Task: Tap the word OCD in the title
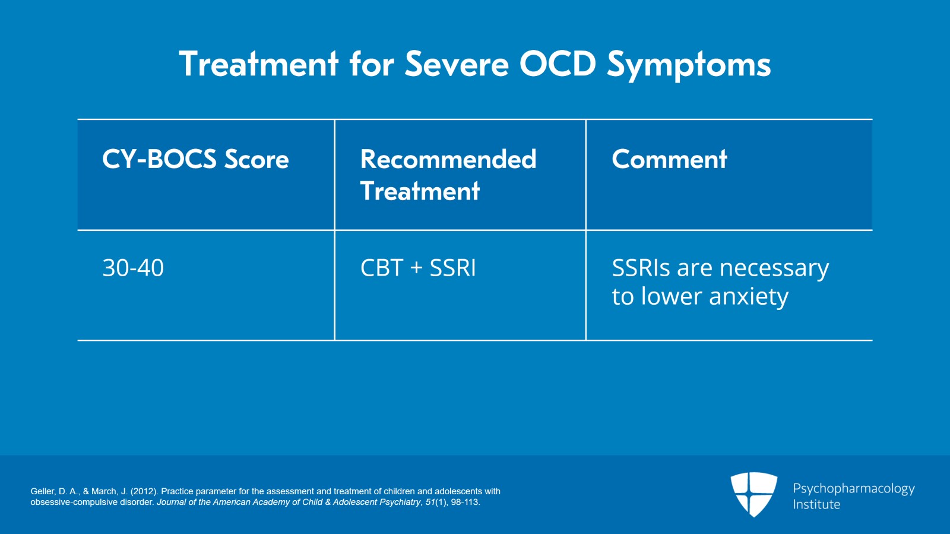558,64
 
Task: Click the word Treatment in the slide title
258,64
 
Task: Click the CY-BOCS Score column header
195,159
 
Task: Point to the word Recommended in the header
448,159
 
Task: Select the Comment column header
669,159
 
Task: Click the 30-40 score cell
133,268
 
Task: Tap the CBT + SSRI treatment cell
418,268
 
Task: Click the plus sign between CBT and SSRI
416,268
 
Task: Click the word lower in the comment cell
672,296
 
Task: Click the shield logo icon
753,494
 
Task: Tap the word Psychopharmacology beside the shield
853,489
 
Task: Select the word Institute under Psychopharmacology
816,505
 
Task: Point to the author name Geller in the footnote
42,491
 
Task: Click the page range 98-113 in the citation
464,502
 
